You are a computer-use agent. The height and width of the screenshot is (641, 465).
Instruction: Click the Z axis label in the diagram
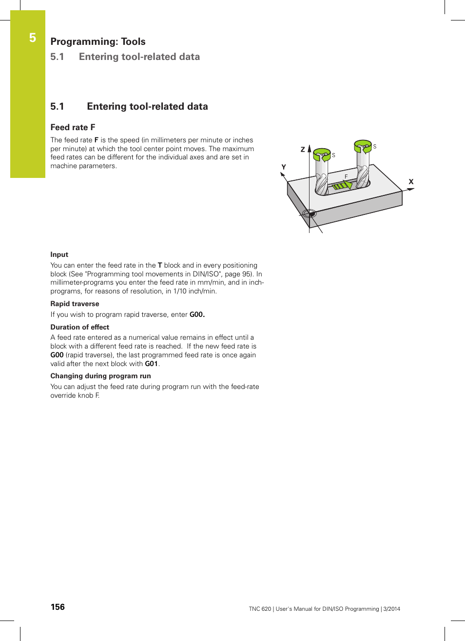tap(303, 150)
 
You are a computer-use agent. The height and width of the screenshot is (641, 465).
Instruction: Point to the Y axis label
tap(284, 167)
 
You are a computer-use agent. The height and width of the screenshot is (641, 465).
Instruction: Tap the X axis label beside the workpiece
tap(411, 182)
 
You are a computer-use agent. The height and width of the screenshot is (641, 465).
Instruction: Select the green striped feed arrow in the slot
tap(342, 185)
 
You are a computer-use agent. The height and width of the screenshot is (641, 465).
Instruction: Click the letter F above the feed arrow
tap(346, 176)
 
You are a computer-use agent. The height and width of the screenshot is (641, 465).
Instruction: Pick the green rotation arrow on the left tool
tap(322, 155)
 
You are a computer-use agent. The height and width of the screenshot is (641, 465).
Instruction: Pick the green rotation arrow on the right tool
tap(363, 146)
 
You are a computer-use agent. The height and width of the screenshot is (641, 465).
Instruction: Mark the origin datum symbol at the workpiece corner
tap(309, 213)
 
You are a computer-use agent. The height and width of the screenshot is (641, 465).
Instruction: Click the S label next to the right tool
tap(375, 147)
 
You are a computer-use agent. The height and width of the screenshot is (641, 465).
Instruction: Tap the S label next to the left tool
tap(333, 155)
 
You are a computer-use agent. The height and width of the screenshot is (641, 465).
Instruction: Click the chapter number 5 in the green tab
tap(33, 38)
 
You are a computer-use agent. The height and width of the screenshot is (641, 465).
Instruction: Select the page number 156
tap(58, 607)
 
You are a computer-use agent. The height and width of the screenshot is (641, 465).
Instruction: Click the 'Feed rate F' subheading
tap(73, 127)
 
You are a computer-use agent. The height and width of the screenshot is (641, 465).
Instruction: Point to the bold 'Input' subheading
tap(59, 254)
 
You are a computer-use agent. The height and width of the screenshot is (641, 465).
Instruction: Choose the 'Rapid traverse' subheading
tap(75, 304)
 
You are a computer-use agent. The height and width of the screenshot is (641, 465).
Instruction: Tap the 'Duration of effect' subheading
tap(79, 327)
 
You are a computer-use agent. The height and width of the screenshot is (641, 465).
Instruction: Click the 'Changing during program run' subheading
tap(100, 376)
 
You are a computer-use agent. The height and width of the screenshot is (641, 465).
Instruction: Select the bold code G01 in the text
tap(151, 364)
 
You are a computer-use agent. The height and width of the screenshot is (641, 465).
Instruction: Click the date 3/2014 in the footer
tap(391, 609)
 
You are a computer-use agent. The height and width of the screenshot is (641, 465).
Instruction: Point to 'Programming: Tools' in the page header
tap(98, 41)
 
